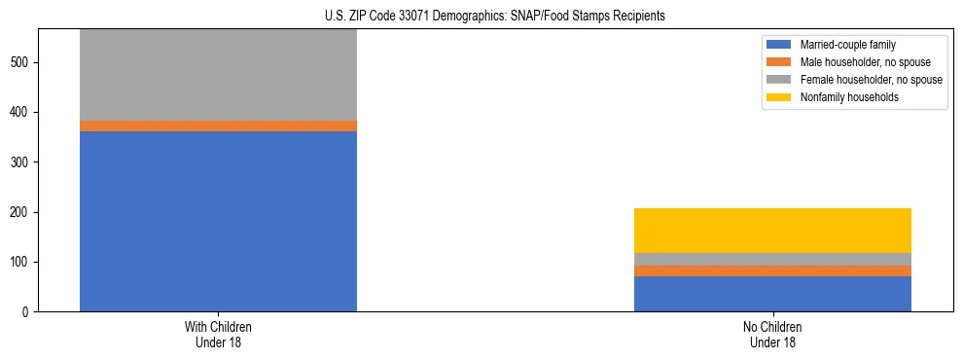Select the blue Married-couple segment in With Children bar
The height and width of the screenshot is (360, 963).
pos(218,221)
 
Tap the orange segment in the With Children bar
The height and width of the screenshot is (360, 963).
pos(218,126)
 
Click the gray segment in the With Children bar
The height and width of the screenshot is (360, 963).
pos(218,75)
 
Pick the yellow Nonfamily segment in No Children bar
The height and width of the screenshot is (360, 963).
pos(772,231)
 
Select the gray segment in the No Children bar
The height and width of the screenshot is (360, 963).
pos(772,259)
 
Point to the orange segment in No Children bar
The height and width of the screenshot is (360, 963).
pos(772,271)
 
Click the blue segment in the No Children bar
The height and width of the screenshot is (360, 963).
pos(772,294)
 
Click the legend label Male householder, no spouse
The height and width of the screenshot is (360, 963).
pos(865,62)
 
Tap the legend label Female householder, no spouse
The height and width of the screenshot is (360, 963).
pos(871,80)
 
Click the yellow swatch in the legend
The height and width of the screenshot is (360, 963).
pos(779,97)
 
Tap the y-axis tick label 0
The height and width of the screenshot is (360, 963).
pos(27,312)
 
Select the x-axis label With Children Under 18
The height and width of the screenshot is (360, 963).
pos(218,334)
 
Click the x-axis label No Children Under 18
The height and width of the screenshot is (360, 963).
pos(772,334)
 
